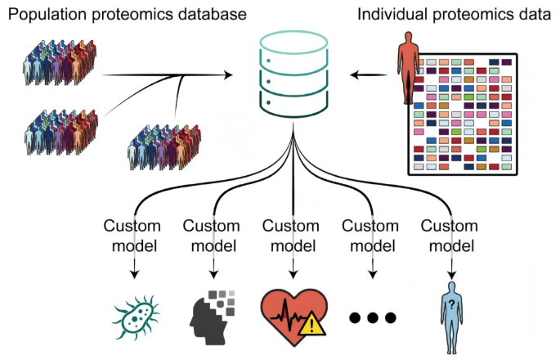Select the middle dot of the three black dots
coord(372,317)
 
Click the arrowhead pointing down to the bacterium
coord(134,273)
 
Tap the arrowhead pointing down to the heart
coord(293,273)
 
